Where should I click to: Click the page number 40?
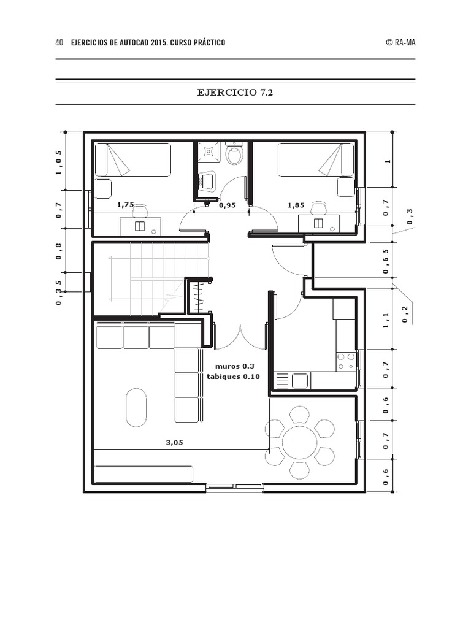coord(59,42)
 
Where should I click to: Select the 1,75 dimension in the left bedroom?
coord(125,205)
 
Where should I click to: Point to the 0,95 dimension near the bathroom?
coord(228,205)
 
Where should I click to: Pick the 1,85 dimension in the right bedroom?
coord(297,205)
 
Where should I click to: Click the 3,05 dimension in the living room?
coord(174,442)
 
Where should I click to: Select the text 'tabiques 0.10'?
coord(233,377)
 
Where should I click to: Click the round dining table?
coord(300,442)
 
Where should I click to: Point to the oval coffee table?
coord(136,407)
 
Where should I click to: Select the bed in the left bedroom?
coord(132,159)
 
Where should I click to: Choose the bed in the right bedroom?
coord(316,159)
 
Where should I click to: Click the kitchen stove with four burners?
coord(346,361)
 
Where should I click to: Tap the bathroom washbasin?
coord(208,180)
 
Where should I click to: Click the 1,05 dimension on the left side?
coord(59,161)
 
